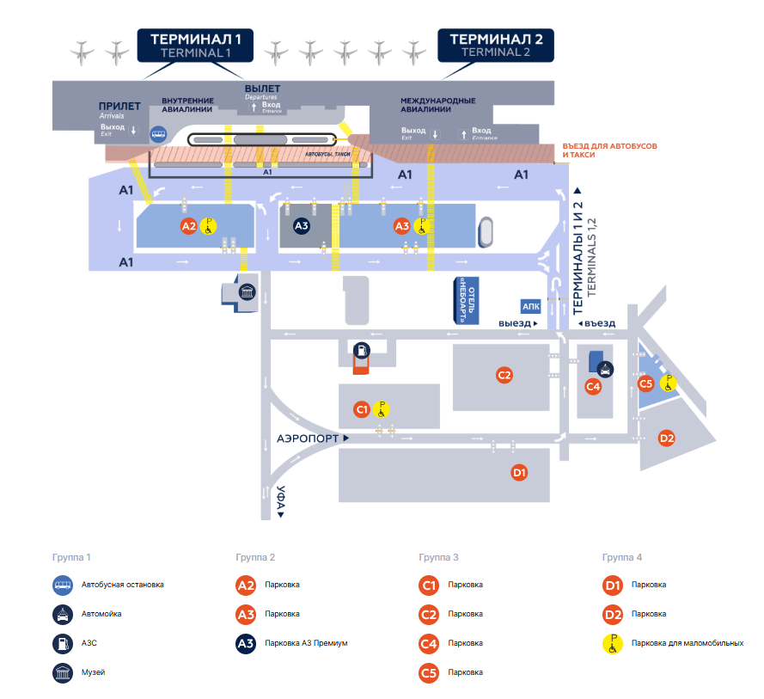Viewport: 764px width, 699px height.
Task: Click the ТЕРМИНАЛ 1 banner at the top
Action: pyautogui.click(x=196, y=45)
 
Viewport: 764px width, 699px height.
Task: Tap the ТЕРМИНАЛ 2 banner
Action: pyautogui.click(x=496, y=45)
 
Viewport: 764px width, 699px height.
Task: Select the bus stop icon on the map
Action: pyautogui.click(x=158, y=134)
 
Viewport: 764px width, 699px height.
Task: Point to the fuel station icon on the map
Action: pyautogui.click(x=362, y=350)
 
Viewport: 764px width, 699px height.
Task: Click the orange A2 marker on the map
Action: pyautogui.click(x=189, y=226)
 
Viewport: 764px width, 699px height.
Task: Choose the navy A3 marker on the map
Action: pyautogui.click(x=302, y=226)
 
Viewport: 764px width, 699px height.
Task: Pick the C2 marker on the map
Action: pyautogui.click(x=504, y=375)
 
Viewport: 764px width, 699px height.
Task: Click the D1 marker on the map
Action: pyautogui.click(x=518, y=472)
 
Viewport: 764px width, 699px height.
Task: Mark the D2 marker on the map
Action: pyautogui.click(x=666, y=438)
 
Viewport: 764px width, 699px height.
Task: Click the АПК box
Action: pyautogui.click(x=530, y=306)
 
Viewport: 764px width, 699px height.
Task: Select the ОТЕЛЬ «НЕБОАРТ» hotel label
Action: pyautogui.click(x=465, y=300)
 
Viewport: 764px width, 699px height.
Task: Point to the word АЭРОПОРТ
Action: pyautogui.click(x=308, y=438)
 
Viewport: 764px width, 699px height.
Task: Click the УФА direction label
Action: pyautogui.click(x=280, y=501)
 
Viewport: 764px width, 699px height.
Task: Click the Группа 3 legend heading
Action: pyautogui.click(x=438, y=557)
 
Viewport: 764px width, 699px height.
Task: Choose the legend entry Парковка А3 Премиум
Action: pyautogui.click(x=306, y=642)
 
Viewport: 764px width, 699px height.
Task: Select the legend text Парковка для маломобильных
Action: pyautogui.click(x=687, y=642)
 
